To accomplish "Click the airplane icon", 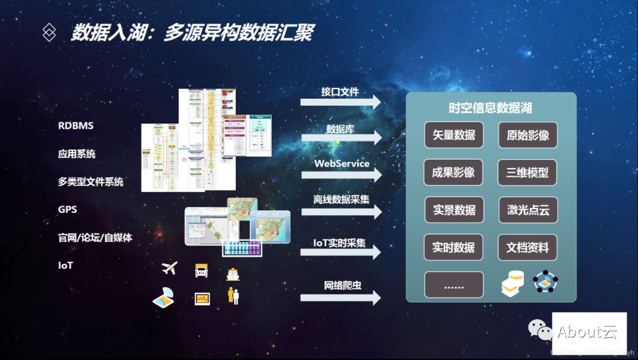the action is tap(170, 268).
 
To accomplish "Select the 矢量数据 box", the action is tap(454, 135).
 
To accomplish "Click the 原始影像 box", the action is tap(528, 135).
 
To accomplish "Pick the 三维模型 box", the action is tap(528, 173).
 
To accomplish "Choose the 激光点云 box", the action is tap(528, 210).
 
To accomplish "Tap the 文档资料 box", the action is tap(528, 248).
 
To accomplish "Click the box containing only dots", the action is tap(454, 285).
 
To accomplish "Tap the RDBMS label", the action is tap(76, 126).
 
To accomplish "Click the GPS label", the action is tap(67, 209).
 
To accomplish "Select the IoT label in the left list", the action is tap(66, 265).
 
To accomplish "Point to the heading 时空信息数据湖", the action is tap(490, 108).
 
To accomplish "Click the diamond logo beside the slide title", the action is tap(49, 33).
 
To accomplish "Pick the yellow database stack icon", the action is tap(512, 283).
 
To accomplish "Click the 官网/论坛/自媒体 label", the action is tap(95, 238).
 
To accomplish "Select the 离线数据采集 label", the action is tap(341, 199).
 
